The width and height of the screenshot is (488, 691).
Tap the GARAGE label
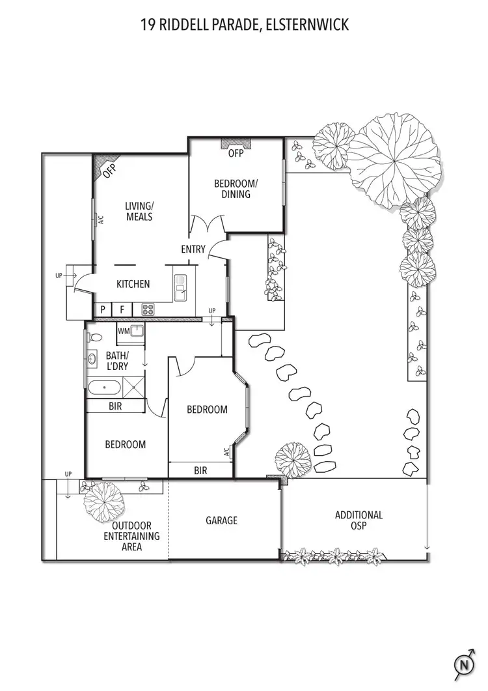tap(221, 520)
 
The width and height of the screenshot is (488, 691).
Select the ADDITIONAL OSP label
tap(359, 520)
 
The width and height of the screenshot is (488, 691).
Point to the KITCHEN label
tap(133, 284)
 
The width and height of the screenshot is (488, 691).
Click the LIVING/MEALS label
tap(139, 211)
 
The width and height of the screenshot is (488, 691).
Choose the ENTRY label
tap(193, 249)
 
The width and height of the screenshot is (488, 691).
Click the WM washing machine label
tap(124, 331)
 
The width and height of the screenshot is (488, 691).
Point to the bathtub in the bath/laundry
tap(104, 388)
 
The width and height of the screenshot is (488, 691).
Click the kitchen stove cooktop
tap(147, 309)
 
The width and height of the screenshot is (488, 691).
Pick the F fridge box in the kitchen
tap(122, 309)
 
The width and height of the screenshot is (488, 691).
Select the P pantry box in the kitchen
tap(103, 309)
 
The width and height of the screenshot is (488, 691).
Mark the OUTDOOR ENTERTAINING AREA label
tap(131, 536)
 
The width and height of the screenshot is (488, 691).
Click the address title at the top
tap(244, 25)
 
